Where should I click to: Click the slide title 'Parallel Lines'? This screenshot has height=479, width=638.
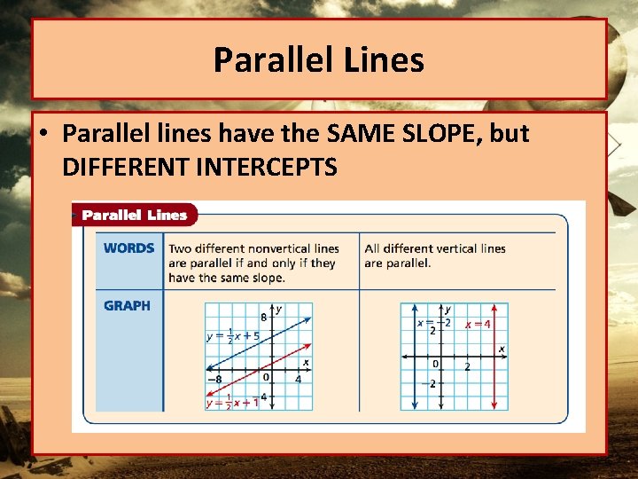[x=319, y=60]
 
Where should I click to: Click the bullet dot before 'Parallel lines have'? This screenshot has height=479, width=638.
[x=44, y=135]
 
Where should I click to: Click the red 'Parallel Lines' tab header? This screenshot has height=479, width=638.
[x=135, y=215]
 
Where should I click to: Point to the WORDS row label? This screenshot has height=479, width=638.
[x=128, y=248]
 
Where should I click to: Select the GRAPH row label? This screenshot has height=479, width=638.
[x=127, y=305]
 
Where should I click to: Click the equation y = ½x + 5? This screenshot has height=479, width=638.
[x=233, y=336]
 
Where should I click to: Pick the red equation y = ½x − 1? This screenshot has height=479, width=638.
[x=232, y=402]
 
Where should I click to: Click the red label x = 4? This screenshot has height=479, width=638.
[x=478, y=324]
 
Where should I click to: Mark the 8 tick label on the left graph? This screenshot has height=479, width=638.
[x=263, y=317]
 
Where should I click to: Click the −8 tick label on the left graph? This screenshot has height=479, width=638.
[x=214, y=380]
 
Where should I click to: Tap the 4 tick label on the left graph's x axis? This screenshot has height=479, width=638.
[x=299, y=380]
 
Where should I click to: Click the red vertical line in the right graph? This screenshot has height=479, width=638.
[x=494, y=373]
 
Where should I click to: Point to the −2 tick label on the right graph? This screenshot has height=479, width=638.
[x=433, y=384]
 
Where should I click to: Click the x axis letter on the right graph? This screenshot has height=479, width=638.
[x=502, y=349]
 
